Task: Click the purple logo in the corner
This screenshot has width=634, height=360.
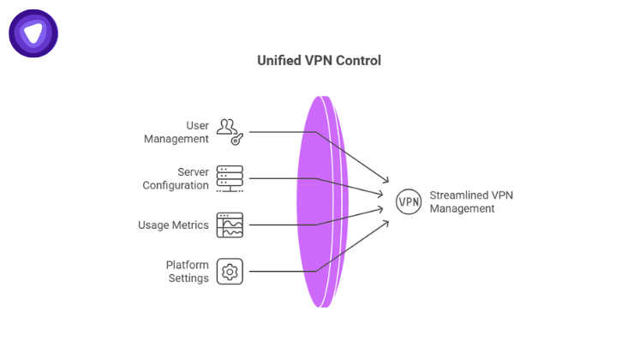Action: (x=33, y=33)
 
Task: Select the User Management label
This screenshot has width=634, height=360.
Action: (x=188, y=132)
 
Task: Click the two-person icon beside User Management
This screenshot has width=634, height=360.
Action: (x=226, y=127)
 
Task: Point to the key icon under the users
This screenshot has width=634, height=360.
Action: (x=237, y=138)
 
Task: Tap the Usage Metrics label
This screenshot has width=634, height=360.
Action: (x=173, y=225)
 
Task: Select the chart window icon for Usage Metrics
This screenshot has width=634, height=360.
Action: (x=230, y=225)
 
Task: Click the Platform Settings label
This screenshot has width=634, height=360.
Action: (x=188, y=272)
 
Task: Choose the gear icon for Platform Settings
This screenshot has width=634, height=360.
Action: (x=230, y=272)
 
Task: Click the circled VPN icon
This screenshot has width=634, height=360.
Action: (x=409, y=202)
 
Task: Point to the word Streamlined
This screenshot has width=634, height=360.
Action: (x=458, y=195)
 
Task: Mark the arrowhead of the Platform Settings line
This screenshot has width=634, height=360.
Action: (x=388, y=221)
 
